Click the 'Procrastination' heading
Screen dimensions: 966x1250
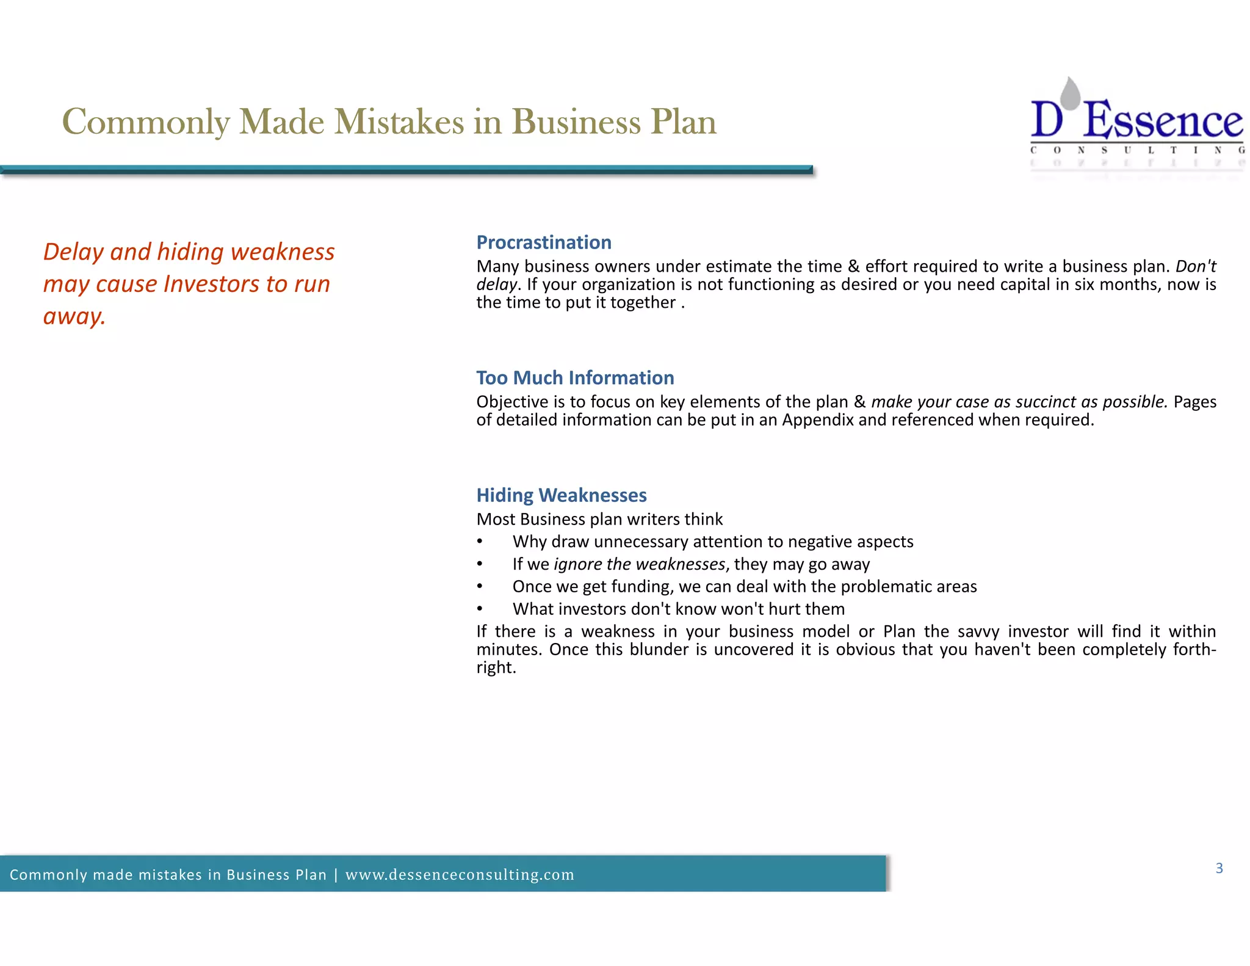(x=544, y=242)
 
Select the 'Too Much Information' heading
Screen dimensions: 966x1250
(x=575, y=378)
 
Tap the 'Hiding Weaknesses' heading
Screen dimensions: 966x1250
(x=562, y=495)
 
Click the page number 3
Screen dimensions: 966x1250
(x=1219, y=868)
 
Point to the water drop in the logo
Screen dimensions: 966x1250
(x=1070, y=93)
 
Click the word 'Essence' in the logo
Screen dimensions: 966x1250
(x=1163, y=121)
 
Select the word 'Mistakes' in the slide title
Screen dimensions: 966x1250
(x=399, y=122)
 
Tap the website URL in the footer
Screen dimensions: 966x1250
(x=460, y=875)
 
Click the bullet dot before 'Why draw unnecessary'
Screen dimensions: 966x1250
(x=480, y=542)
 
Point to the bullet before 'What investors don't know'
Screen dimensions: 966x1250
(x=480, y=609)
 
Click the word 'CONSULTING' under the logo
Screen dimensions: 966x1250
(x=1137, y=150)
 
